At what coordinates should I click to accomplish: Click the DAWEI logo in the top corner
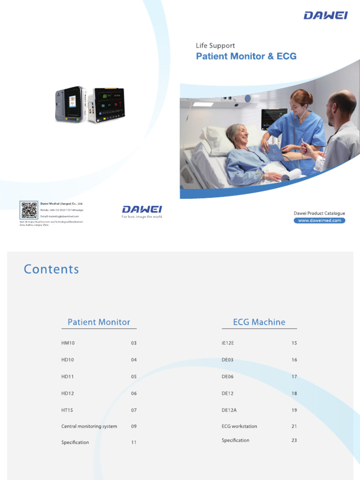(x=325, y=15)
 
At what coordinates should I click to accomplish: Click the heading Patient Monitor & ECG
(x=246, y=57)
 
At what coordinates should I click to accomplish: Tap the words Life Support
(x=215, y=45)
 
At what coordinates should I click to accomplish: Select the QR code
(x=29, y=210)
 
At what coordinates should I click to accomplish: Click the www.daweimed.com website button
(x=319, y=220)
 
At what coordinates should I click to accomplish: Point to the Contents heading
(x=52, y=269)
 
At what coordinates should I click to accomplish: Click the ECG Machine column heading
(x=259, y=322)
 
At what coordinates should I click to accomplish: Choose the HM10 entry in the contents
(x=68, y=343)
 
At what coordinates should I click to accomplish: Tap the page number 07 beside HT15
(x=134, y=410)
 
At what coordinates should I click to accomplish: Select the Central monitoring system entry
(x=89, y=427)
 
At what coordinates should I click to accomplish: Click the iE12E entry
(x=228, y=343)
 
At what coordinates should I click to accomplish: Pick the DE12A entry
(x=229, y=410)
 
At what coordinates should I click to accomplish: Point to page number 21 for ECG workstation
(x=294, y=427)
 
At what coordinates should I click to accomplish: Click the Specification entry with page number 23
(x=235, y=440)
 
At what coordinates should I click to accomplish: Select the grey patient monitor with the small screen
(x=70, y=104)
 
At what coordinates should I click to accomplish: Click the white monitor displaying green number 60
(x=106, y=105)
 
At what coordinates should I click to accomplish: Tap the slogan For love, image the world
(x=142, y=217)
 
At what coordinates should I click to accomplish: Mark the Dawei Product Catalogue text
(x=319, y=213)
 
